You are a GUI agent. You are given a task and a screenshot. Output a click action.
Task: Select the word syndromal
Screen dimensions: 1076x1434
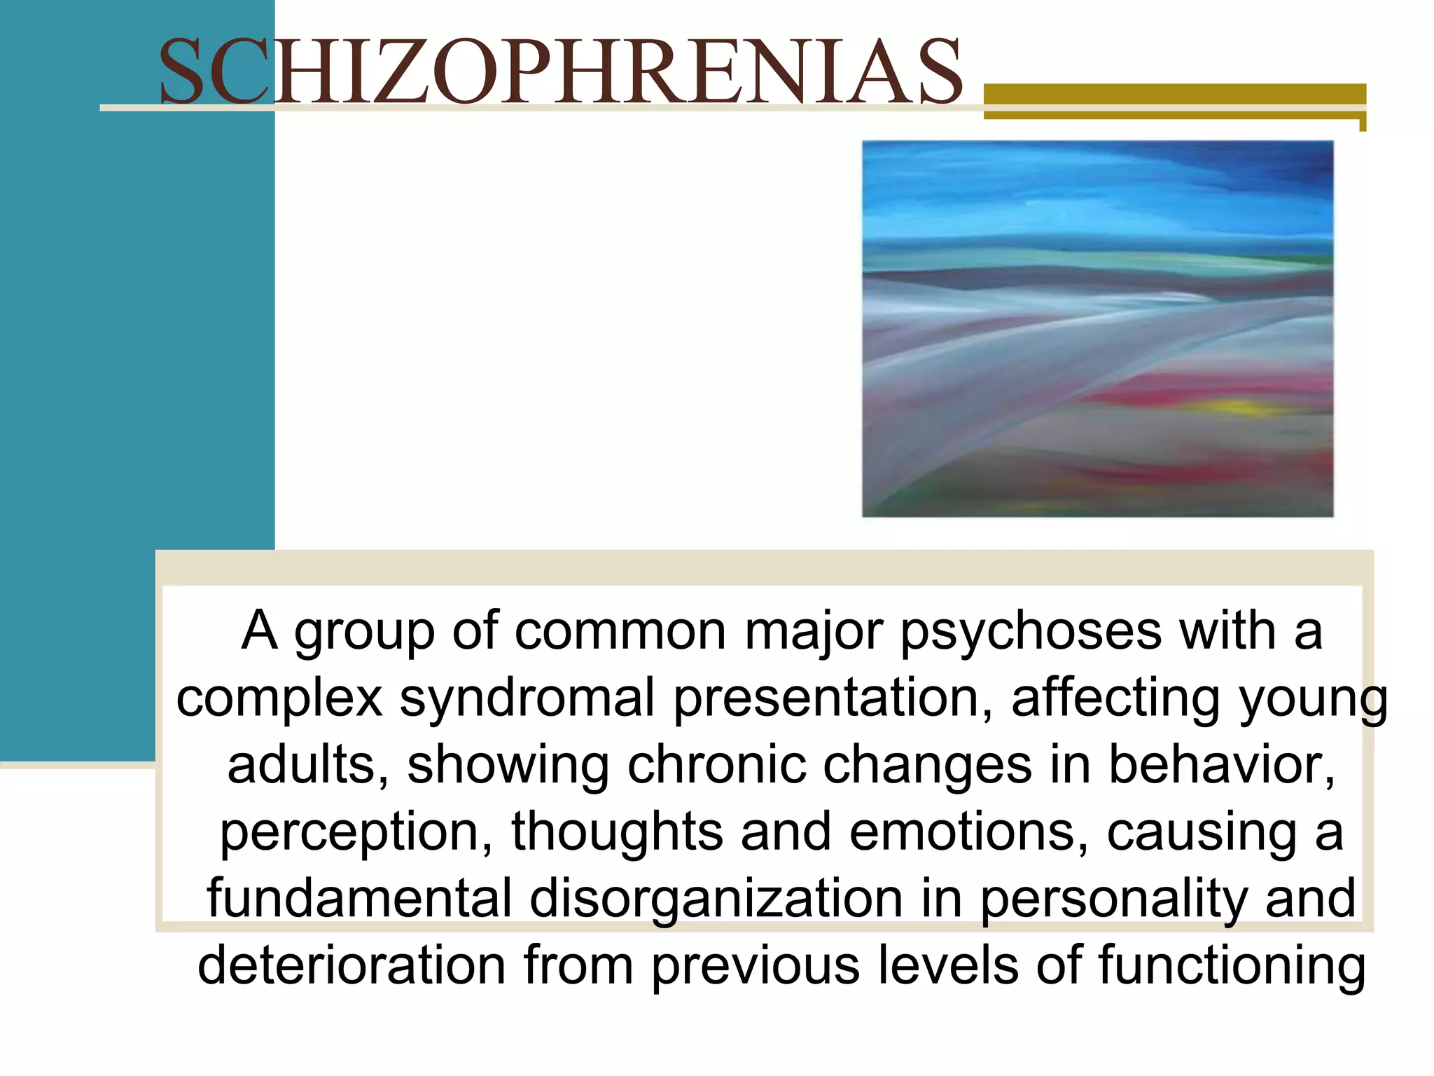pos(527,698)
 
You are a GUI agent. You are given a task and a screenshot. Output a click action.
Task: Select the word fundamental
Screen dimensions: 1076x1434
pos(359,899)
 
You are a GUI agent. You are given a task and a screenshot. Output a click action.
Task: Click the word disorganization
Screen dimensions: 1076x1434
pos(716,899)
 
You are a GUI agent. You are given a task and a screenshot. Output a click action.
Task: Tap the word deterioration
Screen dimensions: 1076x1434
pos(351,966)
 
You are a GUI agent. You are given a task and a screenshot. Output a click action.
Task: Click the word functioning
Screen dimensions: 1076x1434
pos(1232,966)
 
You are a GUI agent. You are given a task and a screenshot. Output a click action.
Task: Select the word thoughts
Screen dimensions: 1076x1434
pos(617,832)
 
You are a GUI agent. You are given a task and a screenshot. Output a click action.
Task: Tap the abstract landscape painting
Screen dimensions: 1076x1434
pos(1097,329)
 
